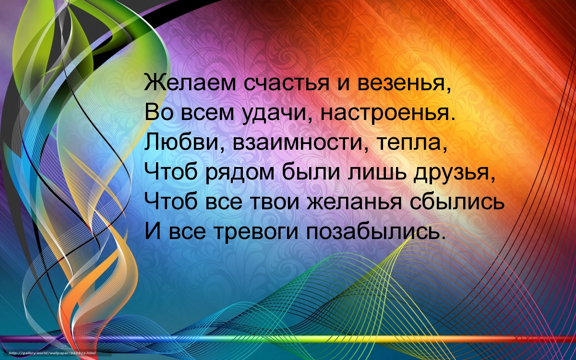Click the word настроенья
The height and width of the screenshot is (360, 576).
[x=385, y=113]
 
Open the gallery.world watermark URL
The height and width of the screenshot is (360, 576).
[x=52, y=353]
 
